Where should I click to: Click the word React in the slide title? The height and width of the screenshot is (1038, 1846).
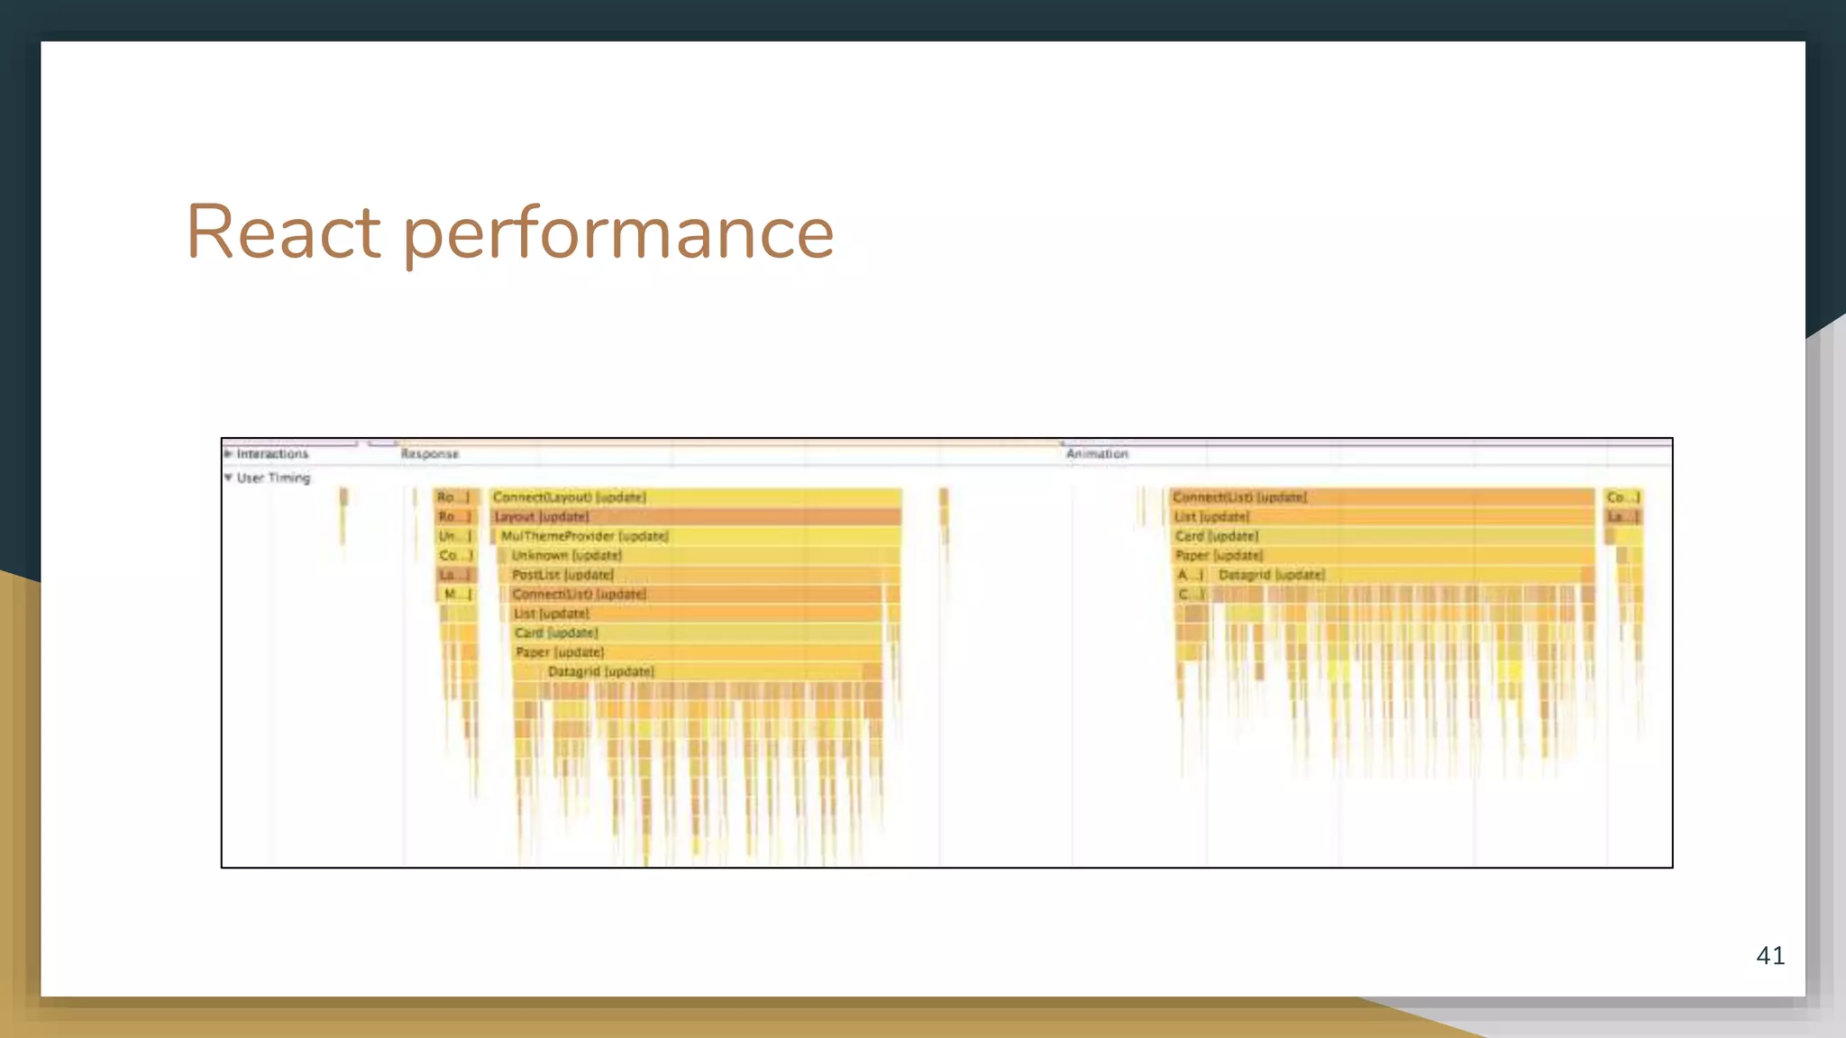point(283,232)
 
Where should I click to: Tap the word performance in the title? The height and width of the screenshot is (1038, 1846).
point(618,234)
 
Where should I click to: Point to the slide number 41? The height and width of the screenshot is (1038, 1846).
point(1770,956)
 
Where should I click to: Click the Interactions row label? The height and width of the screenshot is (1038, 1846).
point(272,454)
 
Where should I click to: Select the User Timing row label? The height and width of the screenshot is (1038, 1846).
point(273,478)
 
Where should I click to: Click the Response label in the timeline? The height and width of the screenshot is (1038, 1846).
point(430,454)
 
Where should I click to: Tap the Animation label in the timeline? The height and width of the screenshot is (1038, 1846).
point(1097,454)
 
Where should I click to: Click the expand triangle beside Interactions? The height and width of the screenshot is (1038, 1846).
point(228,453)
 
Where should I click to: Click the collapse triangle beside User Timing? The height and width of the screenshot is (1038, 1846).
point(228,478)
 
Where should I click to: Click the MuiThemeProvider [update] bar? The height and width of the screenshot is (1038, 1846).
point(699,536)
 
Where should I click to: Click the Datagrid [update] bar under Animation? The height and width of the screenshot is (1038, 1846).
point(1402,575)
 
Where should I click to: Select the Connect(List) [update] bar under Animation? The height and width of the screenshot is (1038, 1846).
point(1382,497)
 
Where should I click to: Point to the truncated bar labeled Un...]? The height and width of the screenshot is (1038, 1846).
point(454,536)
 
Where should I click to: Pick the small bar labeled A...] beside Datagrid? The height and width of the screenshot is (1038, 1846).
point(1190,575)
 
